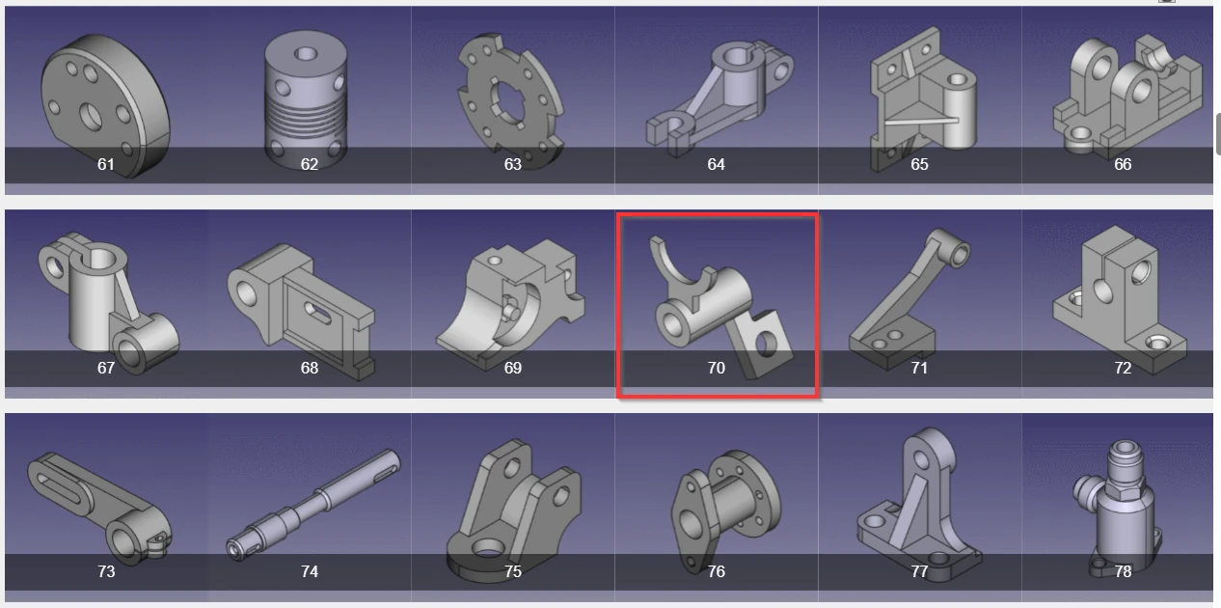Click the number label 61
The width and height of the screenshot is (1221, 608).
(106, 164)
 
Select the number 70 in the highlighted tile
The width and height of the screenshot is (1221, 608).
(717, 368)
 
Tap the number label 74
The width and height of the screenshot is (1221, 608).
(310, 571)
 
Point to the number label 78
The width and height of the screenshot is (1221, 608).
(1123, 571)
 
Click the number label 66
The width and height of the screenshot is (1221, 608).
(1123, 164)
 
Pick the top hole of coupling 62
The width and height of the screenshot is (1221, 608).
(305, 53)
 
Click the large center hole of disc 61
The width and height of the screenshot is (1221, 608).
(91, 116)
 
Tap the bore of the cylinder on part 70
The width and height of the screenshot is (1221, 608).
(672, 324)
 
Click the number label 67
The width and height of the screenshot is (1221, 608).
(106, 368)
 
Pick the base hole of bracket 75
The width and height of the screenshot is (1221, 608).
(489, 548)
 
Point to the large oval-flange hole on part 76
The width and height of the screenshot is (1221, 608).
(688, 523)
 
